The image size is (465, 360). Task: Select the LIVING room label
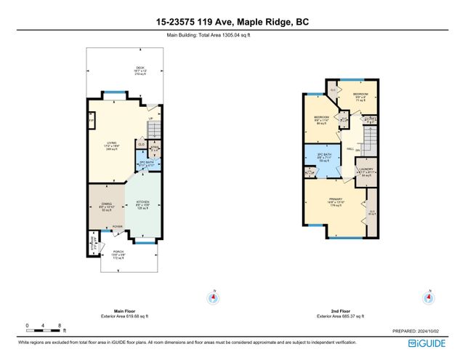112,144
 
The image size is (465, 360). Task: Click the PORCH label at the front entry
118,255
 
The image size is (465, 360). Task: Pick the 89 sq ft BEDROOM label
322,119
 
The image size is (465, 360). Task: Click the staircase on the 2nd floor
371,137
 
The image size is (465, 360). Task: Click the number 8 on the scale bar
59,326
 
